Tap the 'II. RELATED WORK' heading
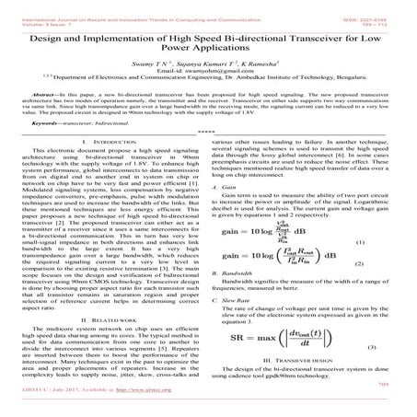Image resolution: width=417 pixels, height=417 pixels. [x=109, y=319]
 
